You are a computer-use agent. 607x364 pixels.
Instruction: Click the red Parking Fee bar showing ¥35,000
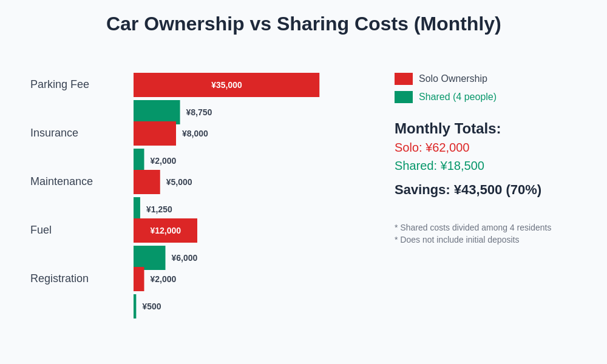click(226, 85)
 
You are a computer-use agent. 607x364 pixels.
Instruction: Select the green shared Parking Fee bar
click(157, 111)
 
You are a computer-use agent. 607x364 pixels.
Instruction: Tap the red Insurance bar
click(155, 134)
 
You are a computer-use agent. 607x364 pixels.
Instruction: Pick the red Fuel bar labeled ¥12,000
click(165, 231)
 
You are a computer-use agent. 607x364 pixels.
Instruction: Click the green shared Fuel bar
click(149, 257)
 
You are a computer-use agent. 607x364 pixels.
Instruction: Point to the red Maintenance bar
click(147, 183)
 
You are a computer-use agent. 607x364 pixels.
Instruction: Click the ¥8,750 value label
click(199, 112)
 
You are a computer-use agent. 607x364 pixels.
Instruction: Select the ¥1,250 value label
click(159, 209)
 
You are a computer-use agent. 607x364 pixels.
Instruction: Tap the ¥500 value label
click(152, 306)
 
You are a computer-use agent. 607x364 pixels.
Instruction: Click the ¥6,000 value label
click(185, 258)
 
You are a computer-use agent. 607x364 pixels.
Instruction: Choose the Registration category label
click(59, 278)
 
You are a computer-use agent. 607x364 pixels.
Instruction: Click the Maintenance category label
click(61, 181)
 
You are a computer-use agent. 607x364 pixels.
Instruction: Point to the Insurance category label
click(54, 133)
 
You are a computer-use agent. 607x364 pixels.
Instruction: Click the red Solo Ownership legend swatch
click(404, 79)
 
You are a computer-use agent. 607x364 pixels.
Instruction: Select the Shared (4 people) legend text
click(458, 97)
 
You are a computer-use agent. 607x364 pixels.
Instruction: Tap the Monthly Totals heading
click(447, 129)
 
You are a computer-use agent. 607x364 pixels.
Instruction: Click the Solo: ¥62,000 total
click(432, 147)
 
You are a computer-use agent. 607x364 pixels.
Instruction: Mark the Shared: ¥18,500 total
click(439, 166)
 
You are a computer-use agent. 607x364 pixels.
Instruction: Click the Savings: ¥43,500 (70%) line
click(468, 190)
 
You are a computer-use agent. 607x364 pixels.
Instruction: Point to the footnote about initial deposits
click(456, 240)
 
